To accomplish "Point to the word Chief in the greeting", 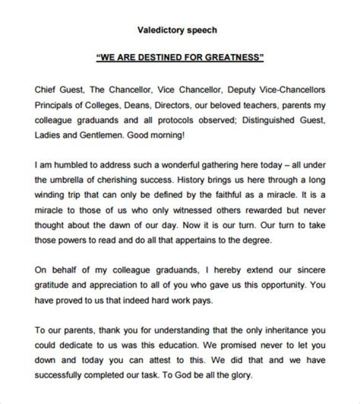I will click(44, 90).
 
